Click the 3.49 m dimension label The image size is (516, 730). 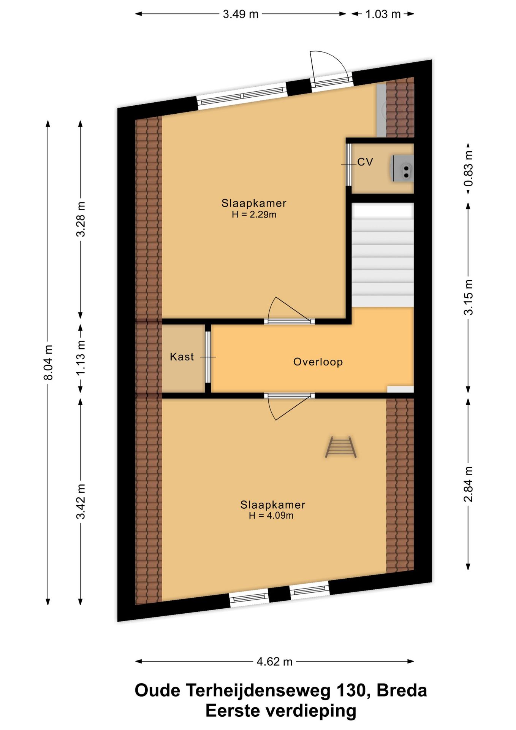[x=241, y=14]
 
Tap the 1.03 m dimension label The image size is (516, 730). [x=383, y=14]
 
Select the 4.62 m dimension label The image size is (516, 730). [x=274, y=662]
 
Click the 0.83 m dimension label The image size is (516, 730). [x=469, y=168]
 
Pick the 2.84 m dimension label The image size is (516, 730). [x=469, y=484]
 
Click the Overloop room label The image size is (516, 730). [x=318, y=362]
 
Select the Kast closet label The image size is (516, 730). [x=182, y=357]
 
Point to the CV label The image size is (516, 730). [x=365, y=162]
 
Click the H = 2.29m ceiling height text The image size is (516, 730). [x=254, y=214]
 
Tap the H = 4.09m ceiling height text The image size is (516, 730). [x=271, y=516]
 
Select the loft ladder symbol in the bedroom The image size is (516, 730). [x=341, y=447]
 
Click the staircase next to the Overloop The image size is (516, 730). [x=383, y=255]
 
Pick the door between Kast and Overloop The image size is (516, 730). [x=208, y=357]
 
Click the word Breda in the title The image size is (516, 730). [x=402, y=690]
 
